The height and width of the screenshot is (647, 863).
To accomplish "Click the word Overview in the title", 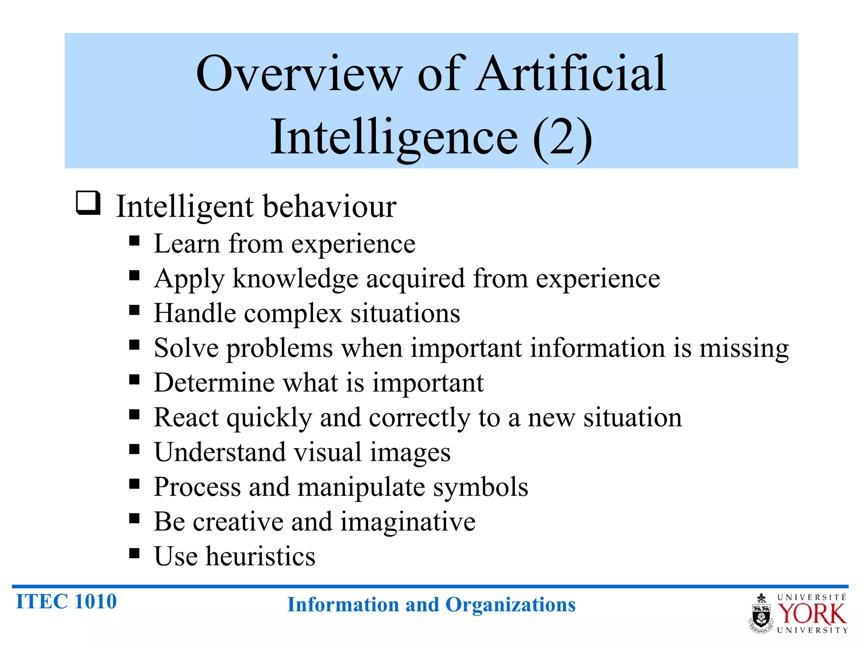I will [x=299, y=74].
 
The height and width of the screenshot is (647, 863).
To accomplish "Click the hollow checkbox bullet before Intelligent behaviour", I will [x=88, y=203].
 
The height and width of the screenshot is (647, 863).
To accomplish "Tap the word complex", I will [x=293, y=313].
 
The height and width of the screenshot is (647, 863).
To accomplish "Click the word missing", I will [x=744, y=349].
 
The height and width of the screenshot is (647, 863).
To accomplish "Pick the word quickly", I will [x=269, y=418].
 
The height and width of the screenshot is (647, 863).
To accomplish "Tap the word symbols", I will [x=480, y=487].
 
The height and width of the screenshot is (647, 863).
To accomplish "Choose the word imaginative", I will [x=408, y=522].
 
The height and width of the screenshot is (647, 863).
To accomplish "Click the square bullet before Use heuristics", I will [x=134, y=553].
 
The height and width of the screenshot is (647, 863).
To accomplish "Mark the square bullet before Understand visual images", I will [x=134, y=449].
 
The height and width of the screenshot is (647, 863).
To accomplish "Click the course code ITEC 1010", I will [x=66, y=601].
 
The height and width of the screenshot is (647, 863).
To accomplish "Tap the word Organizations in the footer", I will [x=510, y=604].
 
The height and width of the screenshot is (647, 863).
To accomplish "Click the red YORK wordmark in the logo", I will [x=812, y=614].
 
